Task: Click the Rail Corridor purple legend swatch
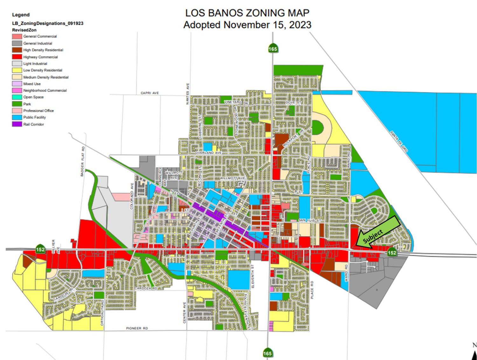click(x=17, y=124)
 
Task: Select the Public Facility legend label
click(x=34, y=117)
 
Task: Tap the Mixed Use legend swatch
click(x=17, y=84)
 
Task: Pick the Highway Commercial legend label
click(x=40, y=57)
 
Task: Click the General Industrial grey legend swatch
click(x=17, y=43)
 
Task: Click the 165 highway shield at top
click(x=273, y=49)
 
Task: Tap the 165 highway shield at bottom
click(x=267, y=353)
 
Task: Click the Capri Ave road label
click(x=150, y=93)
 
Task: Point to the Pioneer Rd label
click(x=137, y=328)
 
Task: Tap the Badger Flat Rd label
click(x=83, y=161)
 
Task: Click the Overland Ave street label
click(x=208, y=153)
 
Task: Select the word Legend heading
click(x=21, y=15)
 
